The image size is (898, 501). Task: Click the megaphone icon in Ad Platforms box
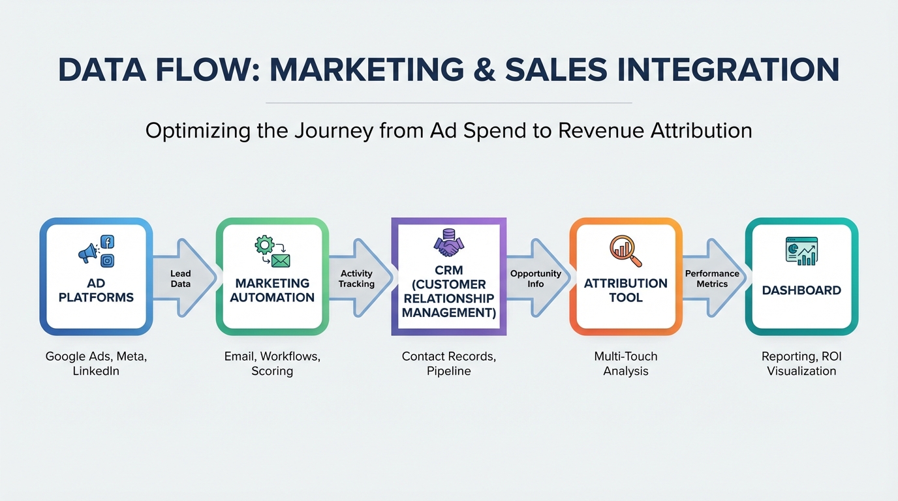tap(88, 253)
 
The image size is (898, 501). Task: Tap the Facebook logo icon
tap(107, 242)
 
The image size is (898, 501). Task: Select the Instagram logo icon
tap(107, 260)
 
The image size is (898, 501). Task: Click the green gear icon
tap(264, 245)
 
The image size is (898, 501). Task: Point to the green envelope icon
tap(281, 261)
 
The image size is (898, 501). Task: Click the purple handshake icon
tap(448, 243)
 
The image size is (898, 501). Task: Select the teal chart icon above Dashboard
tap(801, 251)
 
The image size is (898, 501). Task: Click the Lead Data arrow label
tap(180, 279)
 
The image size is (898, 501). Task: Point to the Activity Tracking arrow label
tap(356, 279)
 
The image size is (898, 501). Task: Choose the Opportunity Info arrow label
tap(536, 279)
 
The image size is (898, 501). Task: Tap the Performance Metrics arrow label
tap(712, 279)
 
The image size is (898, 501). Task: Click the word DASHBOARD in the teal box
tap(801, 290)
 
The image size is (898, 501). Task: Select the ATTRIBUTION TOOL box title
tap(626, 290)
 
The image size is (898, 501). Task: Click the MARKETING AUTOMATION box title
tap(272, 290)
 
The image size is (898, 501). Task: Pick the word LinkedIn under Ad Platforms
tap(96, 371)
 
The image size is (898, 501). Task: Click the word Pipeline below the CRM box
tap(448, 371)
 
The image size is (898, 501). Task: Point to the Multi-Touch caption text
tap(626, 356)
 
